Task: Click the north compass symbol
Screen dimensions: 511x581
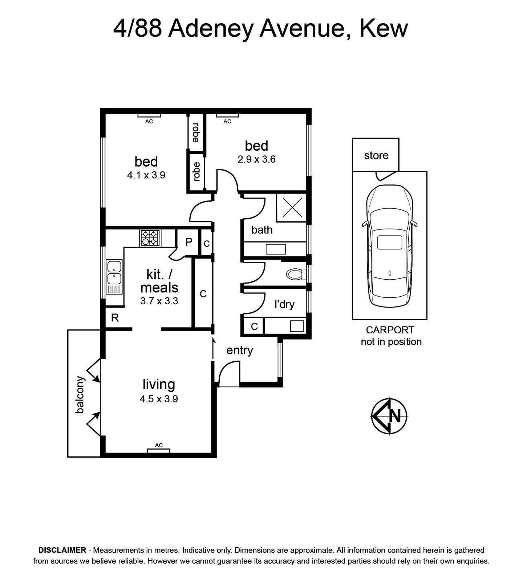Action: coord(389,416)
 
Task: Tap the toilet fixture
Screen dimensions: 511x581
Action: coord(296,274)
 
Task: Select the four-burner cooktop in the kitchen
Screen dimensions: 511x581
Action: coord(150,238)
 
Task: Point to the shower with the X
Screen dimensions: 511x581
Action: coord(292,208)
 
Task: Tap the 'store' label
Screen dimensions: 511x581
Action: coord(376,155)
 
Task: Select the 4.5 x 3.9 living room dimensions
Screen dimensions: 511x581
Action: coord(159,399)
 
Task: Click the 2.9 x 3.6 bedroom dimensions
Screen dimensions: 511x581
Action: coord(256,159)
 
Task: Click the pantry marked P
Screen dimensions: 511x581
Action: coord(188,242)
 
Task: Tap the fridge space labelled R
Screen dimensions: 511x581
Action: coord(115,318)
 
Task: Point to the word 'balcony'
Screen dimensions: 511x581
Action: coord(80,395)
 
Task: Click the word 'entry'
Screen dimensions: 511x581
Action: coord(240,350)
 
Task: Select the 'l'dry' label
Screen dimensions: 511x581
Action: coord(284,304)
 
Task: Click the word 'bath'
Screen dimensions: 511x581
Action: coord(262,229)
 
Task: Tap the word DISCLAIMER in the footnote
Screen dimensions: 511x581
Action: coord(62,550)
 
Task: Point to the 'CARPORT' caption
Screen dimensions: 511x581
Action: coord(390,330)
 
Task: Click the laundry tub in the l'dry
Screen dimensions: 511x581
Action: coord(297,326)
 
